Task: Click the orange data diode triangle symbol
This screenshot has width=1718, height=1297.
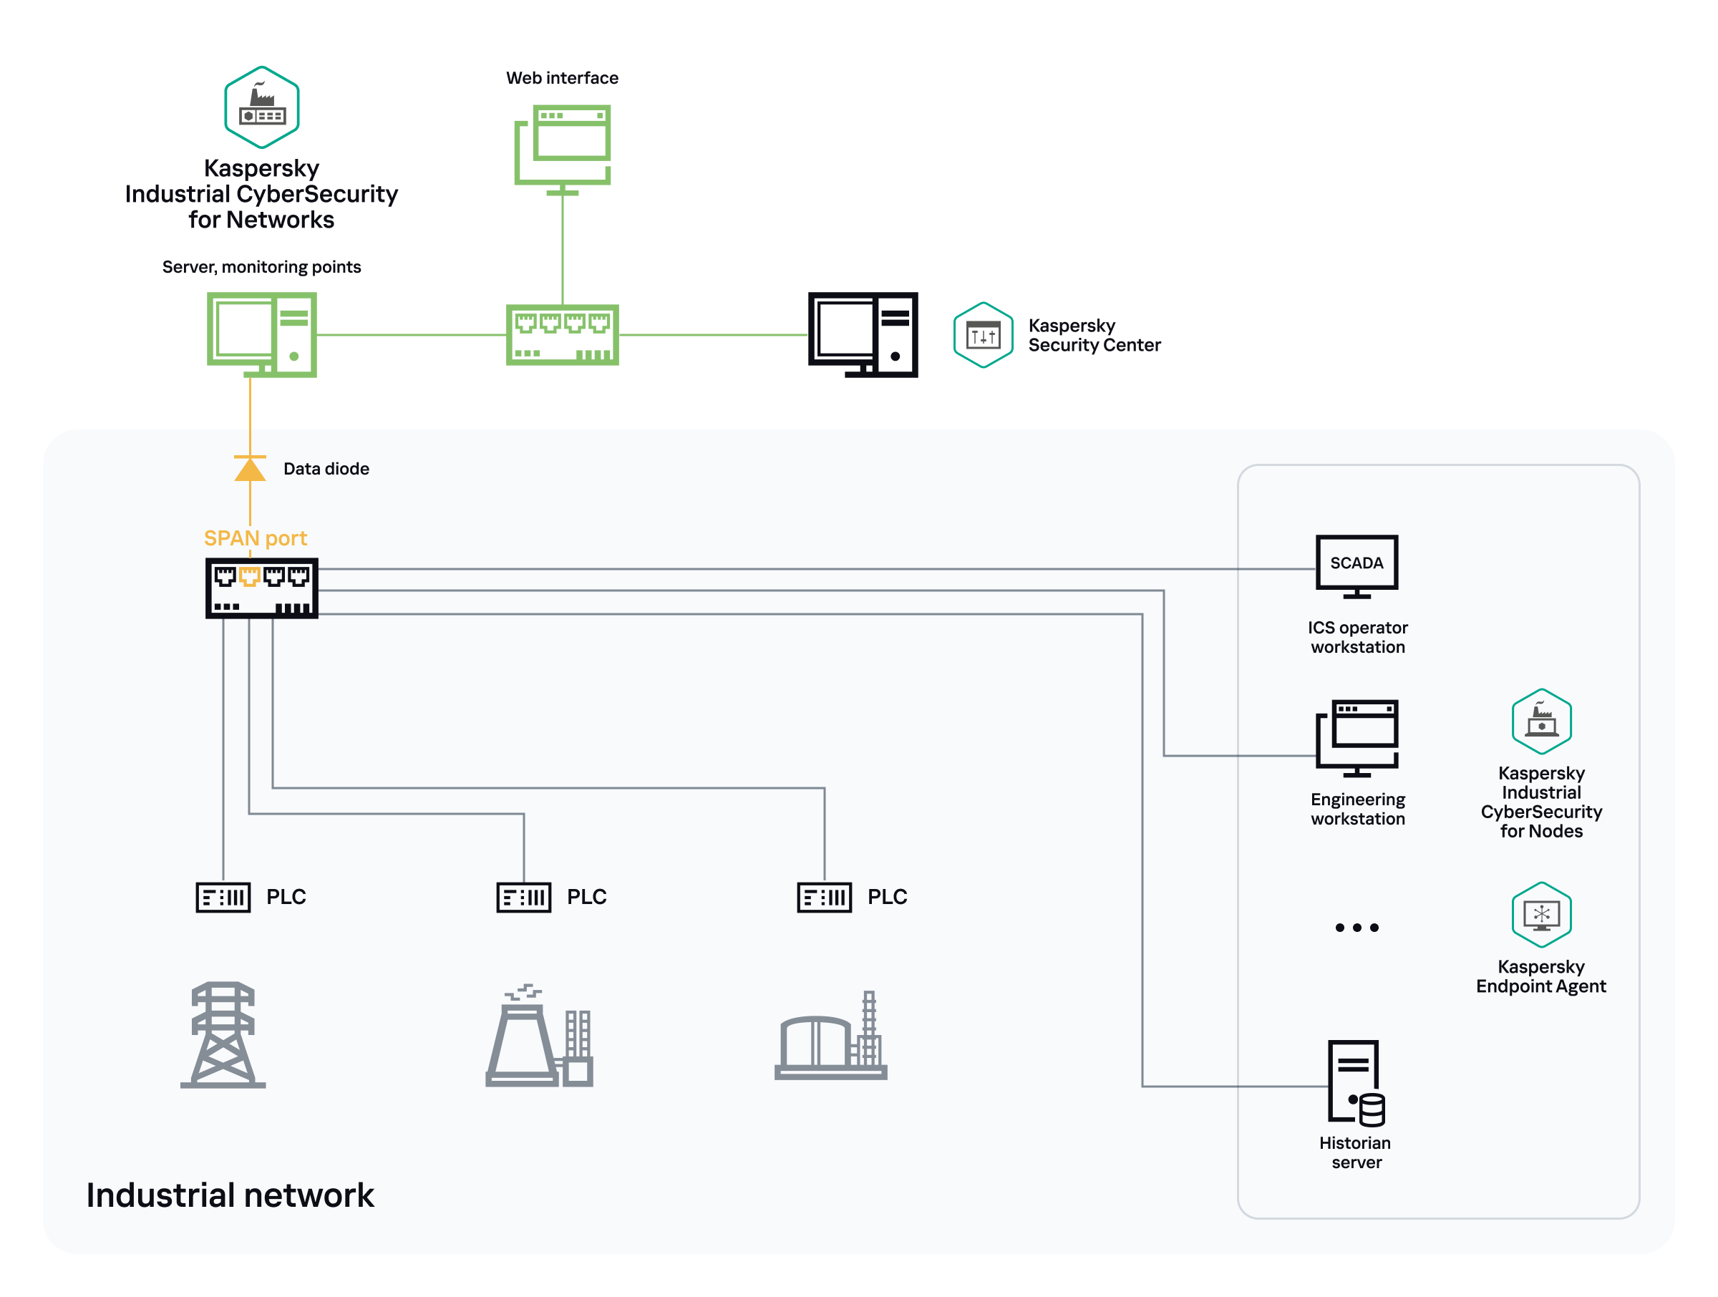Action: point(250,469)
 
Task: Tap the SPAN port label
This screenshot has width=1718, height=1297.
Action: point(255,538)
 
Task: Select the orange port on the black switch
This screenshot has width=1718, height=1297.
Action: point(249,576)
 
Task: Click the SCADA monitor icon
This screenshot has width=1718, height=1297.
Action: point(1356,565)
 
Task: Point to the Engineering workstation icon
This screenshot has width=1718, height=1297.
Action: point(1356,737)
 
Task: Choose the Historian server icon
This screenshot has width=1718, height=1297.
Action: point(1355,1083)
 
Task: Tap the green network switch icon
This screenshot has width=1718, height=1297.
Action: point(563,335)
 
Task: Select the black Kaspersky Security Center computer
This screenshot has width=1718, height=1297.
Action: point(862,335)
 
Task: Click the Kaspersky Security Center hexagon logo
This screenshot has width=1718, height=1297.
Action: point(983,335)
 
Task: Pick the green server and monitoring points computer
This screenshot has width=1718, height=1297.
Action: point(262,334)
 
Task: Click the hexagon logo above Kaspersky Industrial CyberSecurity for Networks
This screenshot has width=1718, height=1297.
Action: point(262,107)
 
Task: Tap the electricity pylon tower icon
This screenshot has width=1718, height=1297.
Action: point(223,1034)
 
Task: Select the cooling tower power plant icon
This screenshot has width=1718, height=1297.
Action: point(539,1037)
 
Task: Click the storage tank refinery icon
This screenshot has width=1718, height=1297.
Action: point(831,1037)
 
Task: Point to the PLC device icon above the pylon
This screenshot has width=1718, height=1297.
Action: point(223,897)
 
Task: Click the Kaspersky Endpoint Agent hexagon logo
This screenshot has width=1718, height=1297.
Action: point(1541,914)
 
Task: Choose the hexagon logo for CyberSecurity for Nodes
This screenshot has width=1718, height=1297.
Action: point(1541,721)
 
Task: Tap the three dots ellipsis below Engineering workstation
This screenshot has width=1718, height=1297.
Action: point(1356,928)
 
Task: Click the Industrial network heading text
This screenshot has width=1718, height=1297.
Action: point(230,1195)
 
